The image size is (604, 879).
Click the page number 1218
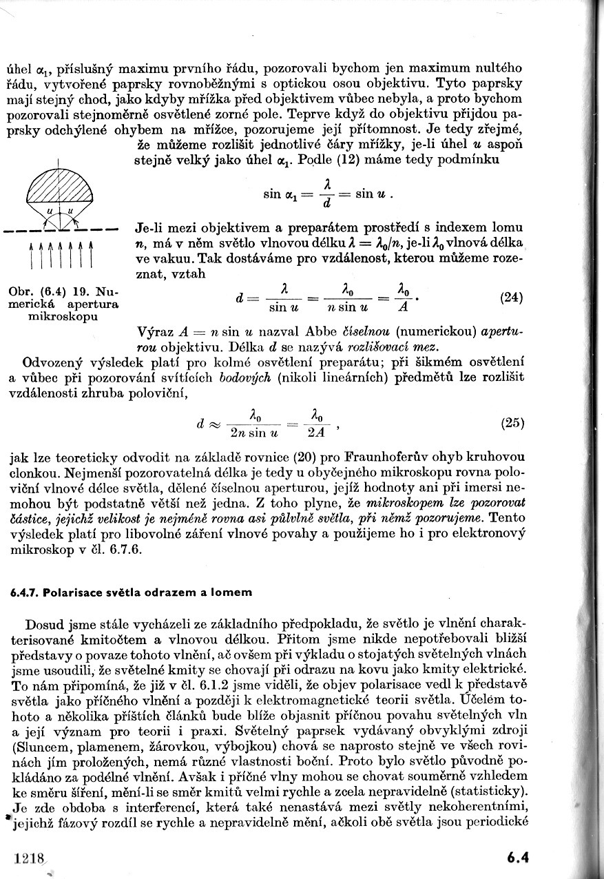pyautogui.click(x=28, y=858)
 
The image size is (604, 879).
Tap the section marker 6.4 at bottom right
pyautogui.click(x=517, y=858)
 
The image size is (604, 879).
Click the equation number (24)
pyautogui.click(x=510, y=298)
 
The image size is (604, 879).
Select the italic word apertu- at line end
pyautogui.click(x=504, y=331)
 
